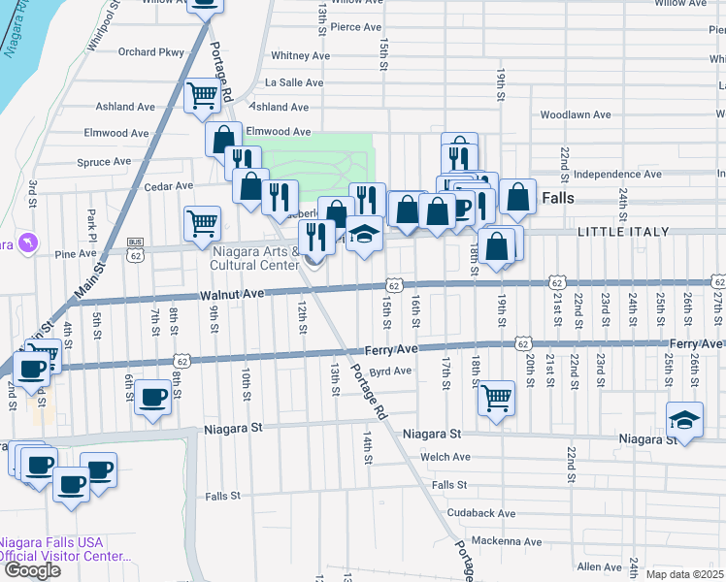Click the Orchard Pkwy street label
pos(150,52)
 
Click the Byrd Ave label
pos(391,371)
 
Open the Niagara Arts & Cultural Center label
pos(255,258)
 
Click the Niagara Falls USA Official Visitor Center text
pos(64,549)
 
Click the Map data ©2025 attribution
pos(685,574)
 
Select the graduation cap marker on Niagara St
pos(684,420)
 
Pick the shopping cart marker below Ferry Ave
pos(496,396)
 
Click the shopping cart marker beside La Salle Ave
pos(202,95)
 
